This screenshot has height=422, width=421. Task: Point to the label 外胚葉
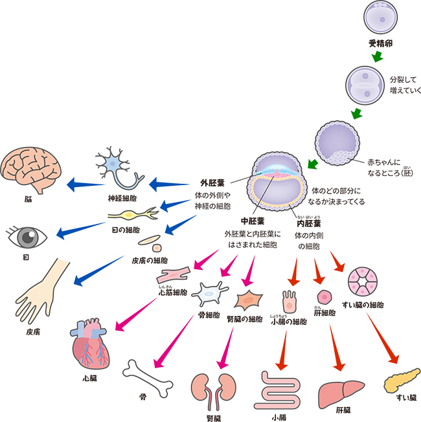point(212,183)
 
